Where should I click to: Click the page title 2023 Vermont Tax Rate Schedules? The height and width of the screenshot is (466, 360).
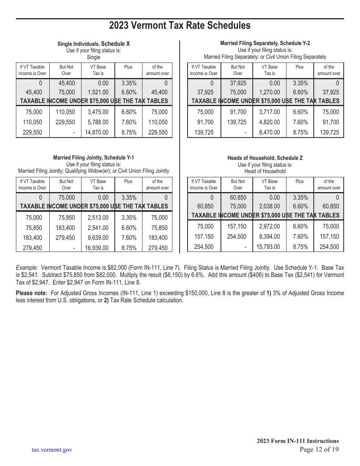[180, 25]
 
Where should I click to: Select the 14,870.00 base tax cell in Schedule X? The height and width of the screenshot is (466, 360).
[98, 133]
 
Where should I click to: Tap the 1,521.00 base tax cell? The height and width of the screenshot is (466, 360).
[98, 92]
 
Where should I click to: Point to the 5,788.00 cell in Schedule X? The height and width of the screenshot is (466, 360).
[98, 122]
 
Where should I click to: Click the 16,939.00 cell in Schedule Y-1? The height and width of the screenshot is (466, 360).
[98, 248]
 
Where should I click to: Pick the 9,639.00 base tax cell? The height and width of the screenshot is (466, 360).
[98, 238]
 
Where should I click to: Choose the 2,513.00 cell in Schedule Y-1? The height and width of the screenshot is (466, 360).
[98, 218]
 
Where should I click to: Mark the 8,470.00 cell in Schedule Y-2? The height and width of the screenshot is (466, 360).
[269, 133]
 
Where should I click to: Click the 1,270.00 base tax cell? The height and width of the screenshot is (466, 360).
[269, 92]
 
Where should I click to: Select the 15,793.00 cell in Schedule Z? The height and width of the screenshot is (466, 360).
[269, 247]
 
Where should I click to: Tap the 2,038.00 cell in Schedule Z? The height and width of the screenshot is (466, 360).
[269, 206]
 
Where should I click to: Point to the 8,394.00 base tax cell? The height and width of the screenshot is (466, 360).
[269, 236]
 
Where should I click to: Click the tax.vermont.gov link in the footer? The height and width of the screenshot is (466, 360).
[52, 450]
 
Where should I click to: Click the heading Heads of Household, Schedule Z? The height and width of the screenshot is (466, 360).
[265, 158]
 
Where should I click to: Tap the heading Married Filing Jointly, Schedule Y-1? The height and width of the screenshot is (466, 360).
[93, 158]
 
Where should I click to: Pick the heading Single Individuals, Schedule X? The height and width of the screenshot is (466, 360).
[93, 44]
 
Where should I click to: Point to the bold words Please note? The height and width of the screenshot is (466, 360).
[31, 293]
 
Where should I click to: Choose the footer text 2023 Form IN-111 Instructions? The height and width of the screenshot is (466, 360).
[297, 441]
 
